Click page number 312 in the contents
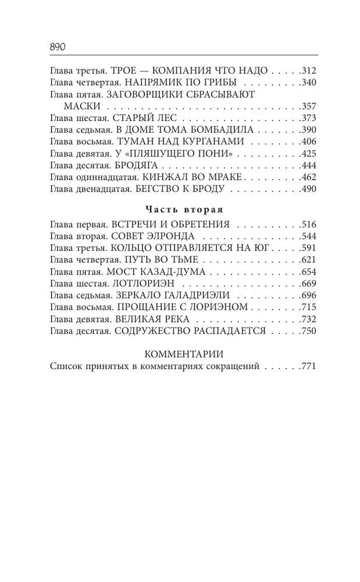306,70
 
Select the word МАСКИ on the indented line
83,106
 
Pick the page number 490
306,189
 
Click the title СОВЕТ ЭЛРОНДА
153,236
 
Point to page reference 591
306,248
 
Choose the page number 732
306,320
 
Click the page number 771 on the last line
306,367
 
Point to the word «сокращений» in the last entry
233,367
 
